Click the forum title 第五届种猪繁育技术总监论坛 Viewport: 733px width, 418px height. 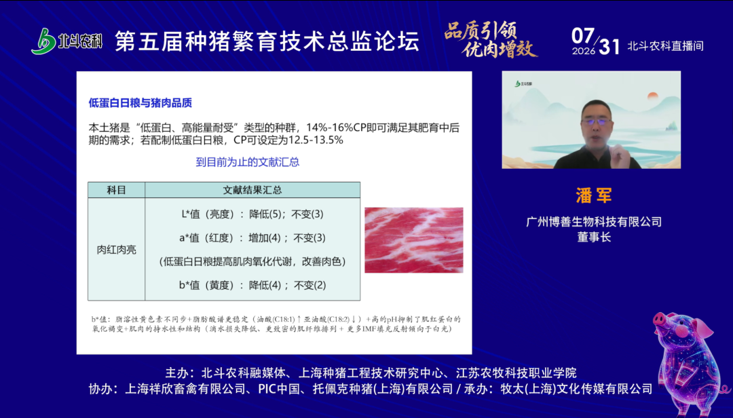pyautogui.click(x=267, y=41)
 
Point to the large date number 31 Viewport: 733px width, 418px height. pyautogui.click(x=609, y=46)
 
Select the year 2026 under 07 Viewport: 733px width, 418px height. pyautogui.click(x=584, y=51)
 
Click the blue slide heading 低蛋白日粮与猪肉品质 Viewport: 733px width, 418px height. pyautogui.click(x=140, y=103)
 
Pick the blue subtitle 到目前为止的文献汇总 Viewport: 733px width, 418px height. pyautogui.click(x=247, y=162)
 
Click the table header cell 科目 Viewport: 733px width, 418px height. pyautogui.click(x=117, y=190)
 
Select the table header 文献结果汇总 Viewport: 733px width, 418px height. pyautogui.click(x=252, y=190)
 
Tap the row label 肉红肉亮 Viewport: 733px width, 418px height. pyautogui.click(x=117, y=250)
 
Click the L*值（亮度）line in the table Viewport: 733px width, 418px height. pyautogui.click(x=252, y=214)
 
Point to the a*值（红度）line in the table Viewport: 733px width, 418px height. pyautogui.click(x=252, y=238)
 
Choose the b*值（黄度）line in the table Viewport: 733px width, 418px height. pyautogui.click(x=252, y=285)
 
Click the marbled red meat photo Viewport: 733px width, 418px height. pyautogui.click(x=414, y=240)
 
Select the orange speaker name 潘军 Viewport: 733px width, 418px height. pyautogui.click(x=594, y=196)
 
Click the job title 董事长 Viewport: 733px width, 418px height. pyautogui.click(x=594, y=237)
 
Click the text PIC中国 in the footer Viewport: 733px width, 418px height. pyautogui.click(x=279, y=389)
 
